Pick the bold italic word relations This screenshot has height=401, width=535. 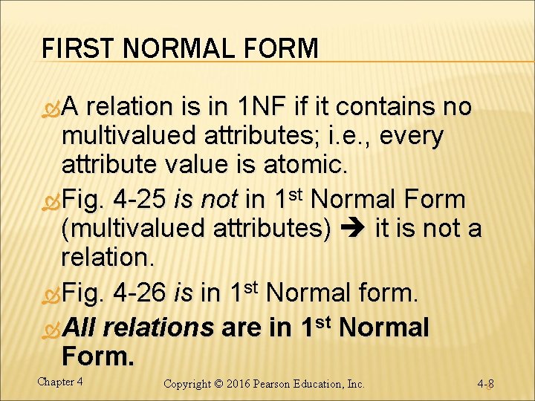coord(159,327)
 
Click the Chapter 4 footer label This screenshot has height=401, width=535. coord(59,382)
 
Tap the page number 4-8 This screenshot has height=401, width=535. coord(486,384)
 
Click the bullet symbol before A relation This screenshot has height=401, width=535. coord(51,108)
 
